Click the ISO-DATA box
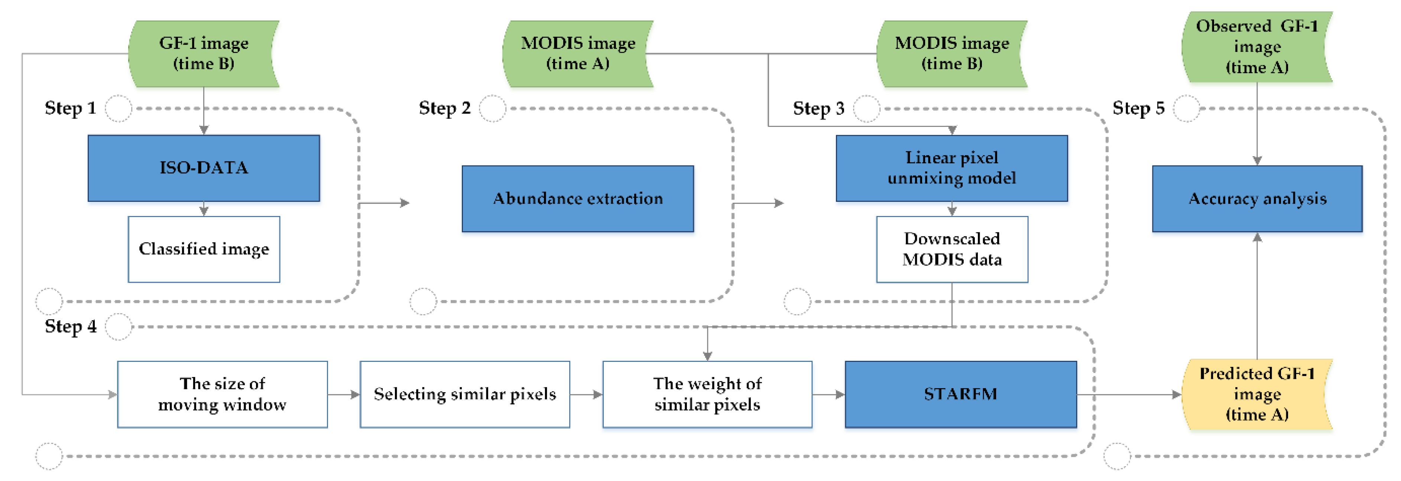tap(203, 168)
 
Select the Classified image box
tap(203, 249)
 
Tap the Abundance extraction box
tap(578, 199)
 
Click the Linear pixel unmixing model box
tap(951, 168)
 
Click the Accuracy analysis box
tap(1257, 199)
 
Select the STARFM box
tap(960, 394)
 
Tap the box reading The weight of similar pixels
tap(707, 394)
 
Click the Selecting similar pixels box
tap(464, 394)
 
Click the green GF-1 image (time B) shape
tap(203, 53)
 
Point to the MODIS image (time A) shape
tap(578, 53)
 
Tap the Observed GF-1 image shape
tap(1257, 47)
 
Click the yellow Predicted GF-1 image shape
tap(1257, 394)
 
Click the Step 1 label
tap(70, 108)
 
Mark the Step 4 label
tap(70, 326)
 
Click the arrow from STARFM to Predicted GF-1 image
tap(1129, 394)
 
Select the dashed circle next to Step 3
tap(866, 109)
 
